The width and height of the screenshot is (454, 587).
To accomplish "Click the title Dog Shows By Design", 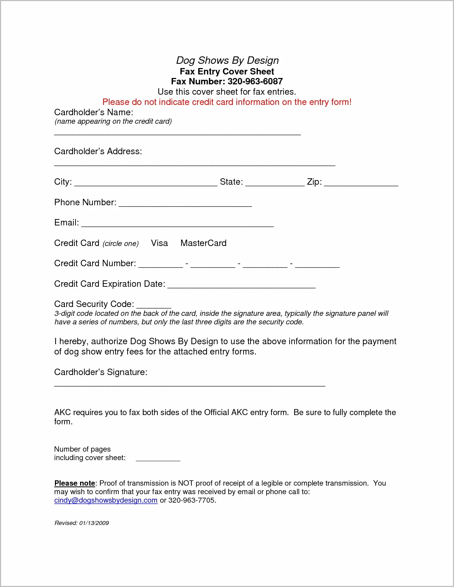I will click(227, 60).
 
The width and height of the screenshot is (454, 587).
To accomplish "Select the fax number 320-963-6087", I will click(255, 82).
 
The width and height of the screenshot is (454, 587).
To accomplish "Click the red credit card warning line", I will click(227, 102).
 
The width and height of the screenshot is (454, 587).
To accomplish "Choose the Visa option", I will click(159, 243).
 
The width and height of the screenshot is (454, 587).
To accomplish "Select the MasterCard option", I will click(203, 243).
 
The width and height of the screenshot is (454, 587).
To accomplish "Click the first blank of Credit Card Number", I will click(161, 265).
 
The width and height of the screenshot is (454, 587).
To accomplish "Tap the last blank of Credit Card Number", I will click(317, 265).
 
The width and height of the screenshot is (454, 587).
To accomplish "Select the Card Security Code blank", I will click(154, 306).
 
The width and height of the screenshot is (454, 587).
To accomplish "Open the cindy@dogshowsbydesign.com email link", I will click(106, 500).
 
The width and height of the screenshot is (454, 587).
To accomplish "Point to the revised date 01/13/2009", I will click(94, 523).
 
